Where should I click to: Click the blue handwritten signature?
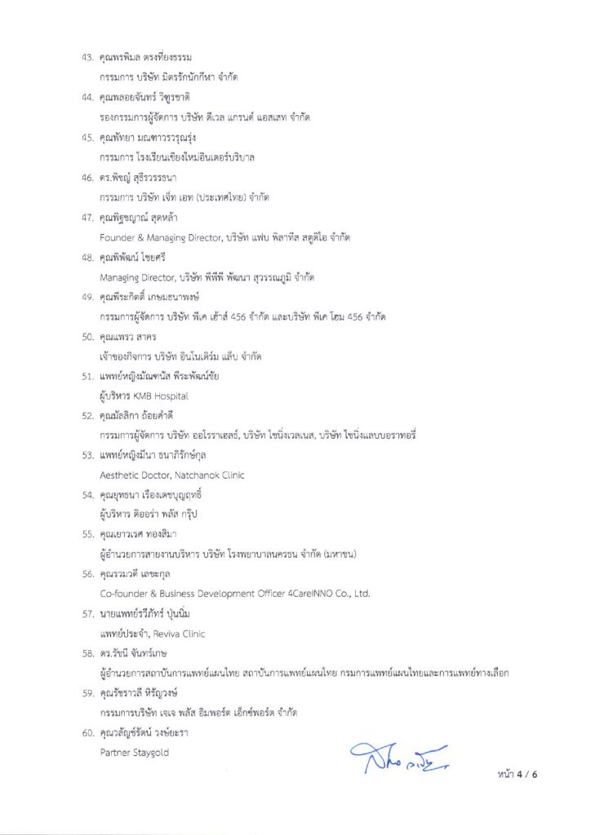pyautogui.click(x=400, y=758)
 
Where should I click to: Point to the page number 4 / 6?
pyautogui.click(x=523, y=774)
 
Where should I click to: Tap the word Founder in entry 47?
pyautogui.click(x=114, y=236)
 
